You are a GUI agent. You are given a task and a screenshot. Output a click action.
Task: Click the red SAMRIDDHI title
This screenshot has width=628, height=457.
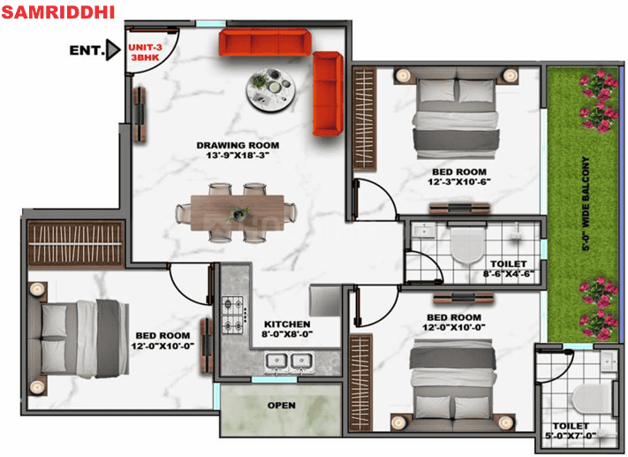click(x=58, y=12)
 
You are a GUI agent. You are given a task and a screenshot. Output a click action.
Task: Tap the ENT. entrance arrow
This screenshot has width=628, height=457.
click(x=113, y=50)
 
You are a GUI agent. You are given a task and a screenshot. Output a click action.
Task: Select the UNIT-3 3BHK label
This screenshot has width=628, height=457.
click(x=145, y=52)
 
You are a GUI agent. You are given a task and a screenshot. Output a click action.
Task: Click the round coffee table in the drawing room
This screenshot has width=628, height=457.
click(x=271, y=89)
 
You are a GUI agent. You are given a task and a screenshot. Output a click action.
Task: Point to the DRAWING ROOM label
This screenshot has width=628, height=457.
click(x=238, y=145)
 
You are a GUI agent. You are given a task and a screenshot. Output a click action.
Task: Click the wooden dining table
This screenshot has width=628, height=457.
click(x=238, y=212)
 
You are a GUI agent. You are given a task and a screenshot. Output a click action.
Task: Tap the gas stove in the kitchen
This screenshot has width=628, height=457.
click(x=233, y=315)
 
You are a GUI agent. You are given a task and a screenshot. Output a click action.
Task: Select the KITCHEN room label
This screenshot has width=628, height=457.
click(x=287, y=324)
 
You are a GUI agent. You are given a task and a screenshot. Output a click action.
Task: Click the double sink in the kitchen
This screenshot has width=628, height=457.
click(x=289, y=362)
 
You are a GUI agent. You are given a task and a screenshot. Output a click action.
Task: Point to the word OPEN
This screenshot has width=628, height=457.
click(x=282, y=405)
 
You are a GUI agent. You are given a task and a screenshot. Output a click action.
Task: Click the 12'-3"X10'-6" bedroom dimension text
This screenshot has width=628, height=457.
click(x=459, y=181)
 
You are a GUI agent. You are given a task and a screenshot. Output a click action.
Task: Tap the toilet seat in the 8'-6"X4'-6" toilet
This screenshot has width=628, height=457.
click(x=467, y=245)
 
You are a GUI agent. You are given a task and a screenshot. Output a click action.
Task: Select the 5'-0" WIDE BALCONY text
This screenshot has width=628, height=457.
click(x=586, y=203)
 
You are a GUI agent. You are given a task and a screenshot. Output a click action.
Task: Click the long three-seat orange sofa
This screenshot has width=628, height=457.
click(x=265, y=42)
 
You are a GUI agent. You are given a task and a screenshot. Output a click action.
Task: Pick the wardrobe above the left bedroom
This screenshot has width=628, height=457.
click(x=76, y=244)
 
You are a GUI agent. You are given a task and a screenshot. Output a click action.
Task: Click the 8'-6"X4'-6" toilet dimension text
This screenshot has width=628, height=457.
click(x=509, y=274)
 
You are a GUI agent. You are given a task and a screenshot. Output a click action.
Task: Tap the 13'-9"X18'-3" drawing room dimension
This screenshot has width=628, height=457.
click(x=238, y=156)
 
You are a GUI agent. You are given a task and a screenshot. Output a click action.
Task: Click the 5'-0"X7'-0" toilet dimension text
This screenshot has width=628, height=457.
click(x=571, y=436)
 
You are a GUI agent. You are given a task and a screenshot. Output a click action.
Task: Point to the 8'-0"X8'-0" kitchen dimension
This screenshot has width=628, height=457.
click(x=287, y=333)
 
